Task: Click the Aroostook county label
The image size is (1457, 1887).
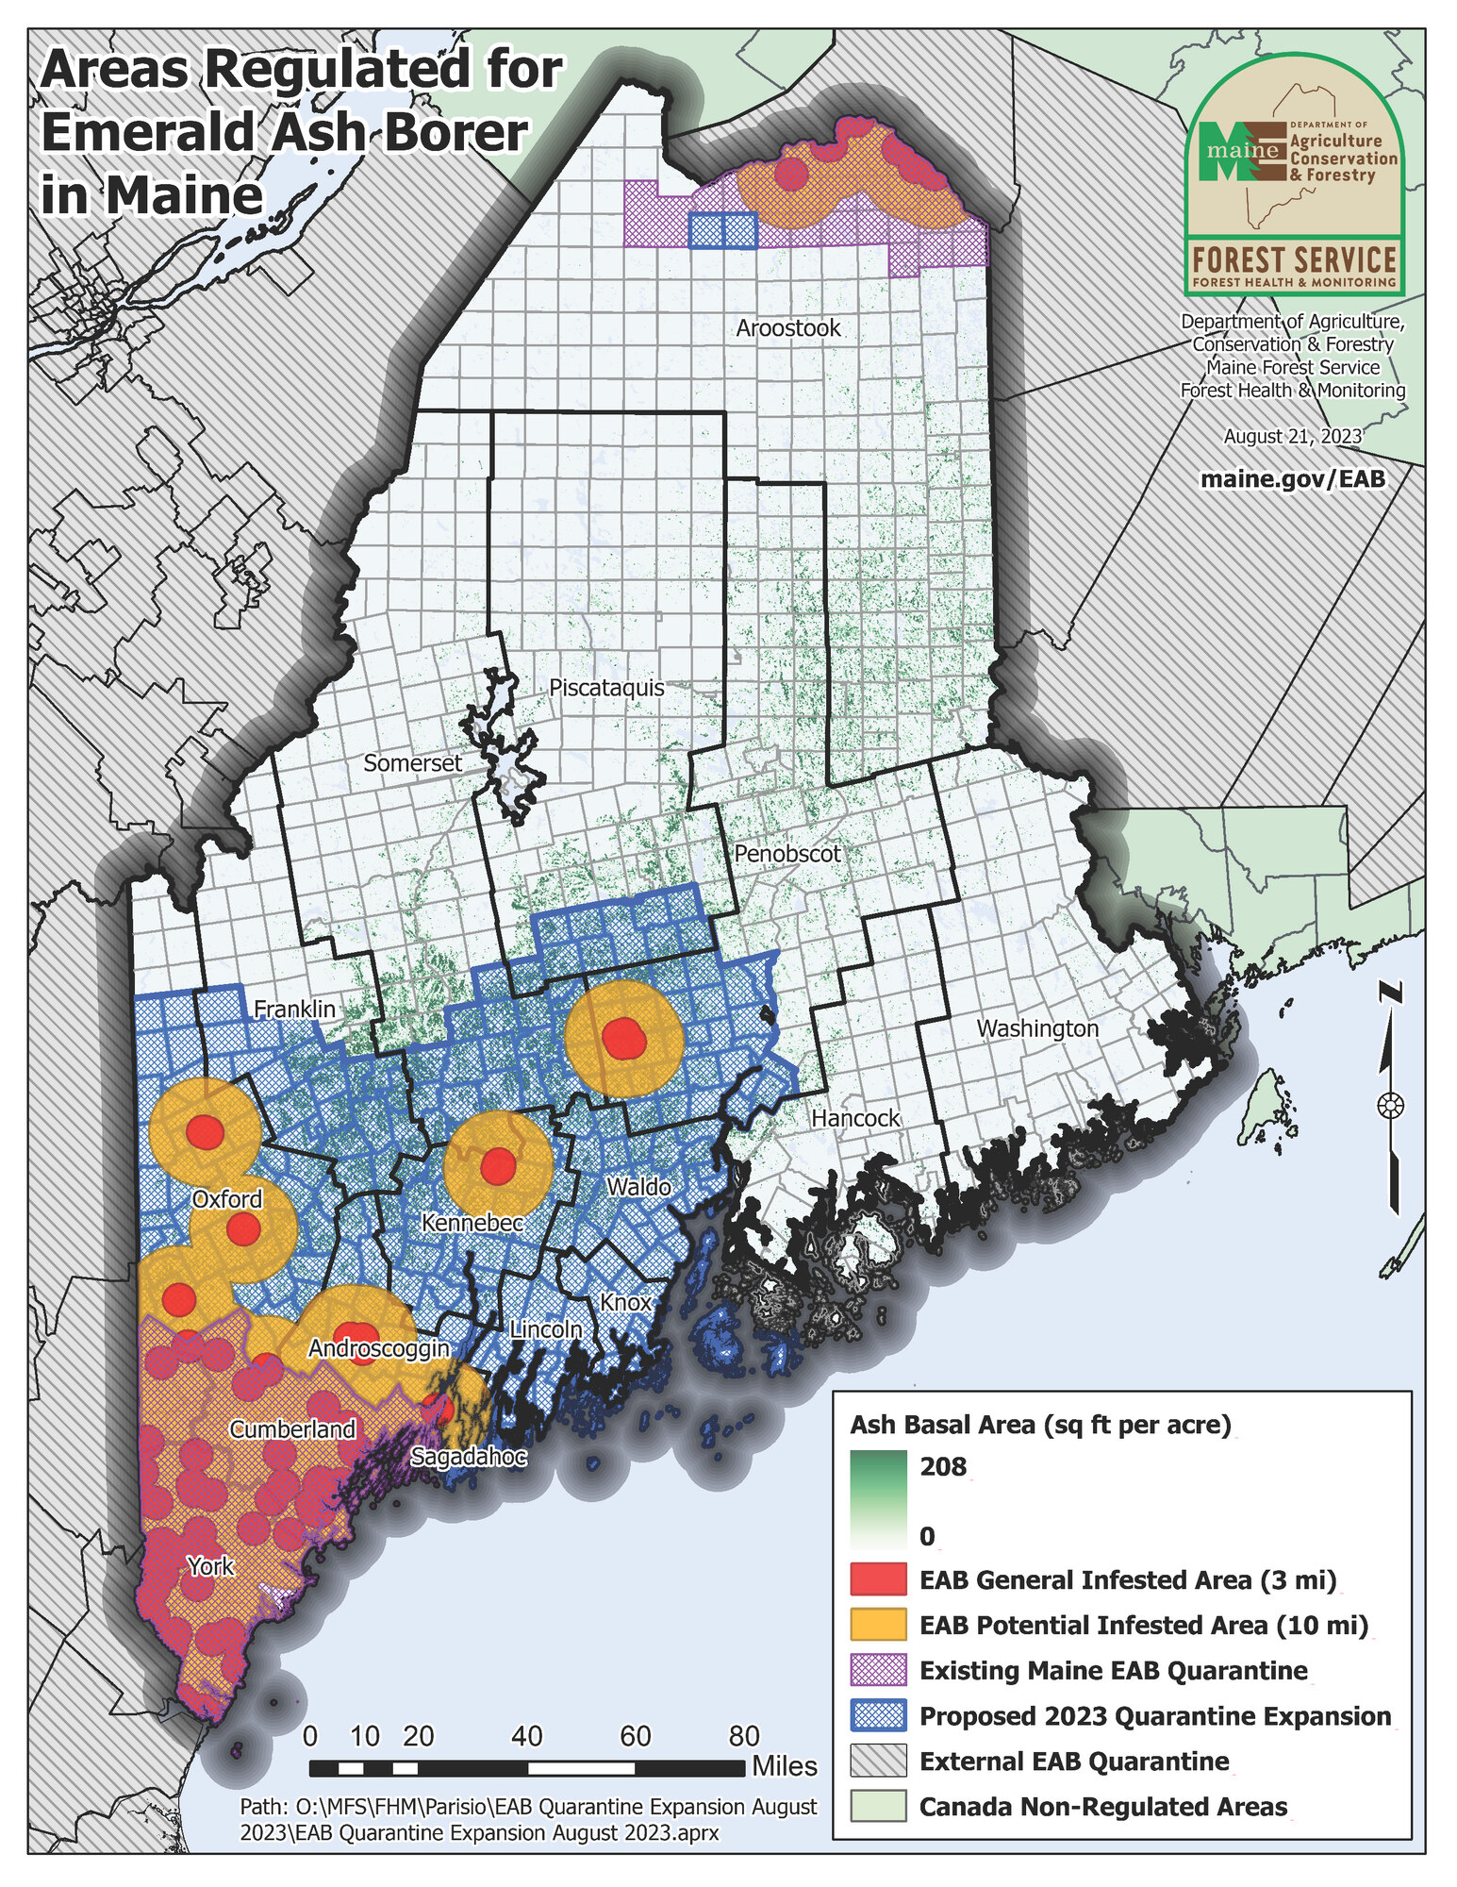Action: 787,328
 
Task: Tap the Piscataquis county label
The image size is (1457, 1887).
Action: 606,688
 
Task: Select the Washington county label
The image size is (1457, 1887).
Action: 1036,1028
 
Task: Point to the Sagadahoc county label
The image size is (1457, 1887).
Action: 468,1457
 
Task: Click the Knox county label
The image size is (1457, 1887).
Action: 625,1302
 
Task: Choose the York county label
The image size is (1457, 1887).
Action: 210,1566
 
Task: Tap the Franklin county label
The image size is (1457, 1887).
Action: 294,1009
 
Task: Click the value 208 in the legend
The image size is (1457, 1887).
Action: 942,1466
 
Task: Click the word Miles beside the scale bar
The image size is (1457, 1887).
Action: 784,1766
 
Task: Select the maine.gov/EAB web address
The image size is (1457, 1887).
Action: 1292,478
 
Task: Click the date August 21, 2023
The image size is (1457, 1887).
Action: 1292,436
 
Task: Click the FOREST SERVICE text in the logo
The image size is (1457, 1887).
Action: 1293,259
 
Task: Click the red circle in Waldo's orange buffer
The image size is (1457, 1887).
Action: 623,1038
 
